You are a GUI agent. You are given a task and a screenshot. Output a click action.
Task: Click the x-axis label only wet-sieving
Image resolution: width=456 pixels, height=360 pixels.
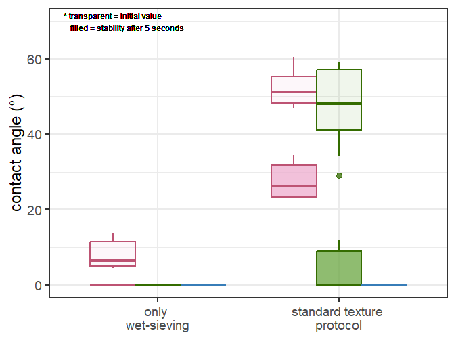157,319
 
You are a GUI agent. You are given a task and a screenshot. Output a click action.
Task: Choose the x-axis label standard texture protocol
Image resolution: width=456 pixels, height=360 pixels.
338,319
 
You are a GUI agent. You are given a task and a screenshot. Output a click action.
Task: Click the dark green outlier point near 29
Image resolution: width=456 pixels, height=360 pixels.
339,175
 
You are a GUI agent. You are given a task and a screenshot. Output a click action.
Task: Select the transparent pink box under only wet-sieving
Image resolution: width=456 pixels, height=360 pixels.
113,253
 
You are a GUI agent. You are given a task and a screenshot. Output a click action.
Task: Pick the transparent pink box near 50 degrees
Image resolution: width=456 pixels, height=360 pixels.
294,89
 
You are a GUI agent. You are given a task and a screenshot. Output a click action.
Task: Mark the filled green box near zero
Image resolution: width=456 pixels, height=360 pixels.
339,267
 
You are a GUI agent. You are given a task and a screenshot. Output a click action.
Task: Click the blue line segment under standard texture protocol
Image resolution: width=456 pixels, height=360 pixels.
384,285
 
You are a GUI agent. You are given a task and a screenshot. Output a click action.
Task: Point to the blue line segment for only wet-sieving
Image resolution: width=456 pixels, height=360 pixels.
203,285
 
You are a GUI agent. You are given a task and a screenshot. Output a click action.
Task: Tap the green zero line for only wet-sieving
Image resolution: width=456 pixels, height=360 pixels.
158,285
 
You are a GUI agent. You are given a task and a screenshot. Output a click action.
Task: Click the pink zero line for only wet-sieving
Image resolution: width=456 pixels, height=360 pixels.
113,285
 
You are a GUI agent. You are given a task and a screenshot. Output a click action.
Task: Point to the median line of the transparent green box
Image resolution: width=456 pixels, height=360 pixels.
339,104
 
